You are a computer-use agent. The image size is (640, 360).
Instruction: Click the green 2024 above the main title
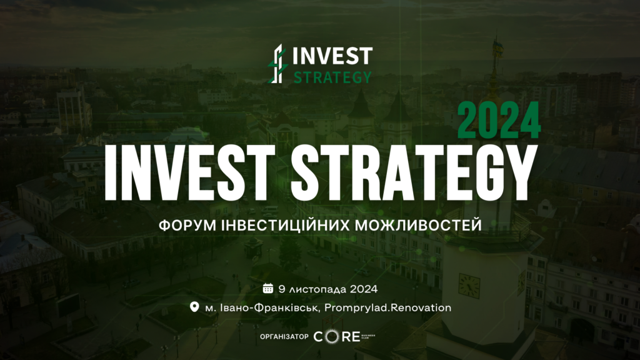[499, 121]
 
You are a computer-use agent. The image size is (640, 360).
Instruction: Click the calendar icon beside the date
[267, 289]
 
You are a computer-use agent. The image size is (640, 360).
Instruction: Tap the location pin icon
[194, 306]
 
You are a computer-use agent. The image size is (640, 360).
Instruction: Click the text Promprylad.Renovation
[387, 307]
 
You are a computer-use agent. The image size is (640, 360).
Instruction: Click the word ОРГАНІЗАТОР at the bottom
[284, 337]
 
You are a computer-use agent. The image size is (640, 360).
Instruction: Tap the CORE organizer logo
[344, 336]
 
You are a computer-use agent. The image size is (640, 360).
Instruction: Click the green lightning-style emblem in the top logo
[278, 64]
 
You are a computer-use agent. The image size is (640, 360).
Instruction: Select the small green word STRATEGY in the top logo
[332, 77]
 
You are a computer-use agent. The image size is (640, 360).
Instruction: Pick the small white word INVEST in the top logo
[332, 56]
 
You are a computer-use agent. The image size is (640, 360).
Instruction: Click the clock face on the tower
[469, 285]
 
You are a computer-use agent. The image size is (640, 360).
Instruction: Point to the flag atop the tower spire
[498, 47]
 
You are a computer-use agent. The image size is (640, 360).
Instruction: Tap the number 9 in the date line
[282, 289]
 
